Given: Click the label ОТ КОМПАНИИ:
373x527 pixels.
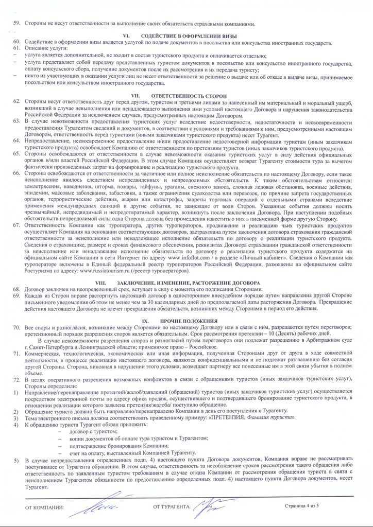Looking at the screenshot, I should coord(43,508).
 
